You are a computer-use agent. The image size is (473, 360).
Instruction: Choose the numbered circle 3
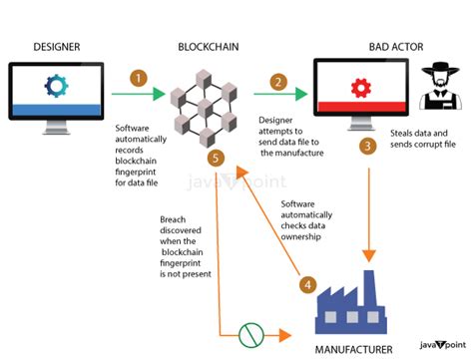(367, 147)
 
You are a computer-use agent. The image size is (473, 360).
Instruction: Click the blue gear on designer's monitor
(56, 87)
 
